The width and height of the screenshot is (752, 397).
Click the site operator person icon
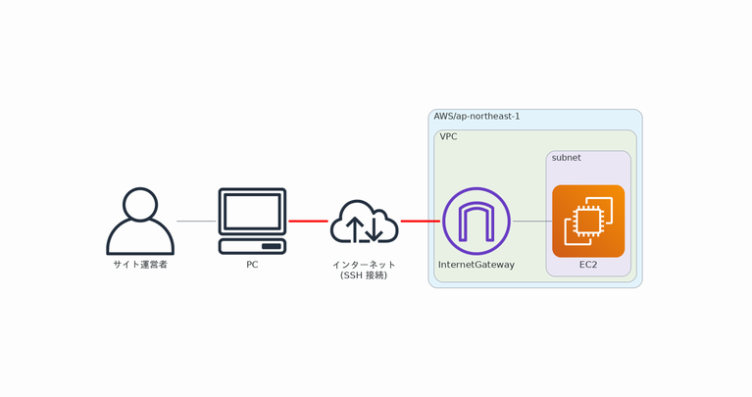(140, 223)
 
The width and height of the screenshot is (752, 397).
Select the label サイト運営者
(140, 265)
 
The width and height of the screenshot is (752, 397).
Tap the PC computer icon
(252, 221)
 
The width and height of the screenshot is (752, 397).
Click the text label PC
(252, 265)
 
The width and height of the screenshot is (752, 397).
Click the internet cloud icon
(364, 223)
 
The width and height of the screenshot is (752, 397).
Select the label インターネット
(364, 265)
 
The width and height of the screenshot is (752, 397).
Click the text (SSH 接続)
(364, 276)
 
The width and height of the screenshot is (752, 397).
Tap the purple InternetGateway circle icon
(476, 221)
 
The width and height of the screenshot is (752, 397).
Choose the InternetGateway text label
(476, 265)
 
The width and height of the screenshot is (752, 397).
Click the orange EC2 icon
(588, 221)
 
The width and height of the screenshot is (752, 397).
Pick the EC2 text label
(588, 265)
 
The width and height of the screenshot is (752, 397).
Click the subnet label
(566, 158)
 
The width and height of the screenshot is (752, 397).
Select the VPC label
(448, 137)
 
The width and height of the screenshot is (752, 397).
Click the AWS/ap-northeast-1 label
(476, 117)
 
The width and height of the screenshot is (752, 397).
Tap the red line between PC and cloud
(308, 222)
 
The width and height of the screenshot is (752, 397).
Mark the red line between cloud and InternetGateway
(420, 222)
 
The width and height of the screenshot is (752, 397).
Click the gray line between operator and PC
(196, 222)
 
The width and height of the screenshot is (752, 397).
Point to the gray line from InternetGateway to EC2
(531, 222)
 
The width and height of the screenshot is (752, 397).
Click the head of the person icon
(140, 204)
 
